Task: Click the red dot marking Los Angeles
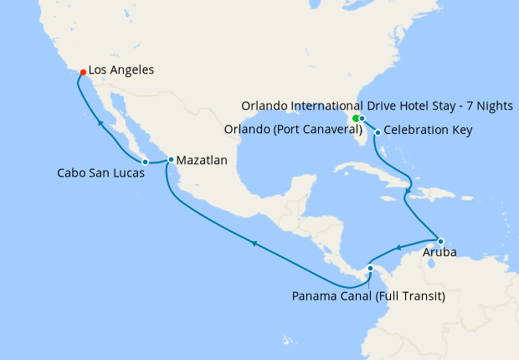[x=82, y=72]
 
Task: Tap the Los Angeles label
[x=121, y=70]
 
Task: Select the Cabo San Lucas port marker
[x=145, y=161]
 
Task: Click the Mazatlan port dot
[x=171, y=159]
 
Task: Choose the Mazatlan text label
[x=202, y=159]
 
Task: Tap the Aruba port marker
[x=440, y=242]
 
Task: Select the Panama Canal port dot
[x=370, y=268]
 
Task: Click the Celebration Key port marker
[x=378, y=132]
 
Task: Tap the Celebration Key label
[x=428, y=131]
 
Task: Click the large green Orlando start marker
[x=357, y=119]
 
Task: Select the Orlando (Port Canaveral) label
[x=294, y=131]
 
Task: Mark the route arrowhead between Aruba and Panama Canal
[x=400, y=247]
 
